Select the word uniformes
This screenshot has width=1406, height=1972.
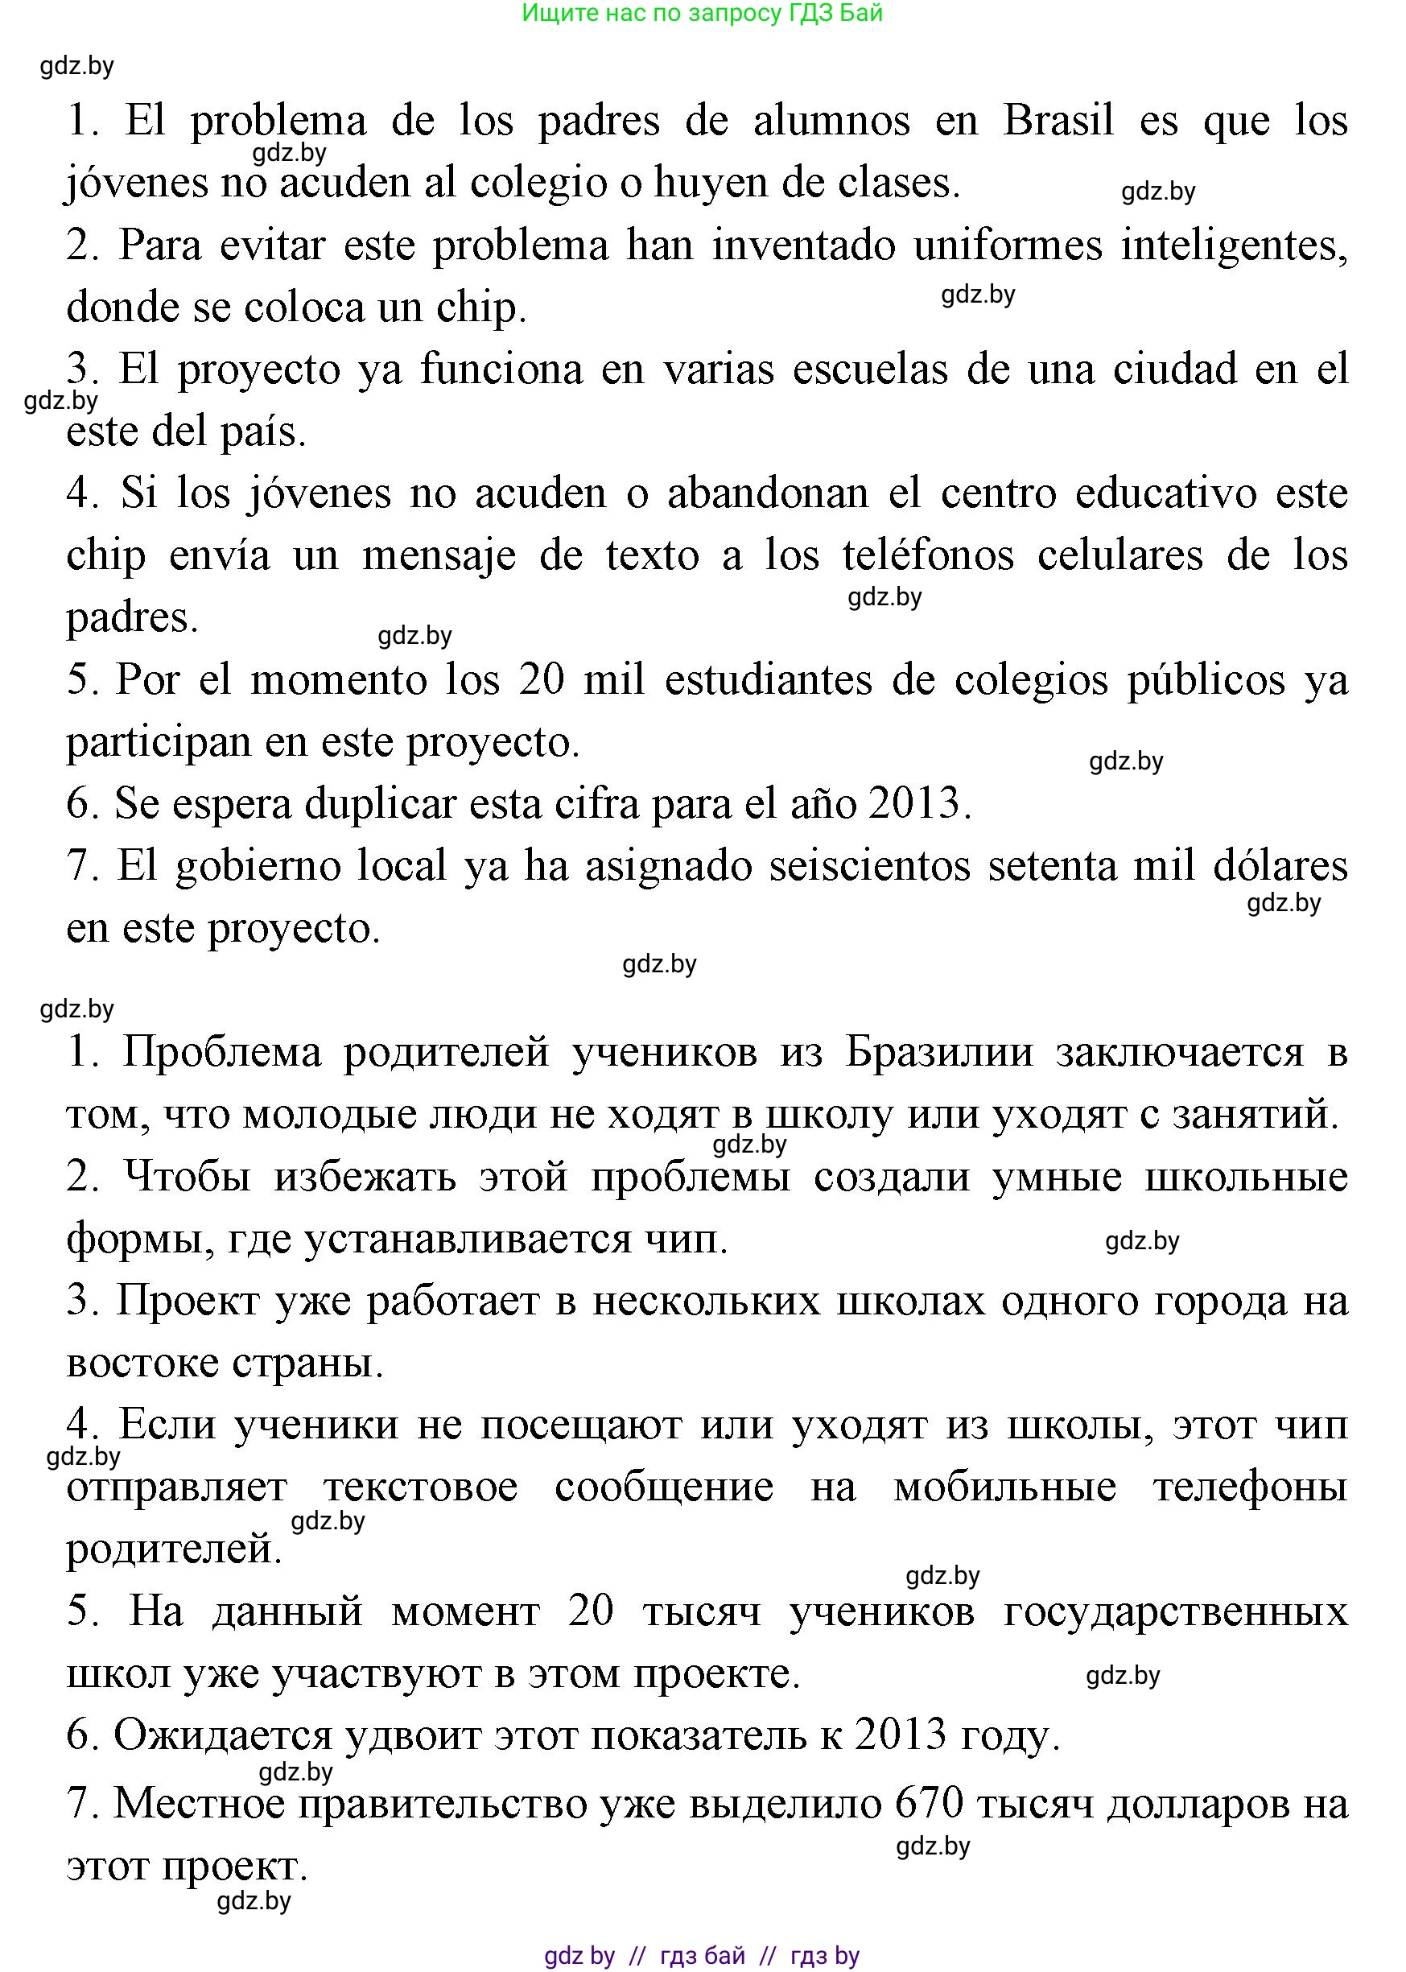click(x=1008, y=245)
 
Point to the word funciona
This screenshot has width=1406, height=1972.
click(x=532, y=369)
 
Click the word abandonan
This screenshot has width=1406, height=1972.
click(x=767, y=493)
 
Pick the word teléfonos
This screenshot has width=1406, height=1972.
click(x=927, y=555)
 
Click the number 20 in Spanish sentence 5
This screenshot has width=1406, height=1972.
click(x=541, y=679)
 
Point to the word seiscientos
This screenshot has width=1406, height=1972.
click(x=869, y=866)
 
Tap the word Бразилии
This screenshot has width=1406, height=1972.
click(x=938, y=1053)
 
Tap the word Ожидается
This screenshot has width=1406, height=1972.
click(x=222, y=1735)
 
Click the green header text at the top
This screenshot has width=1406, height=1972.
click(x=702, y=13)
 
